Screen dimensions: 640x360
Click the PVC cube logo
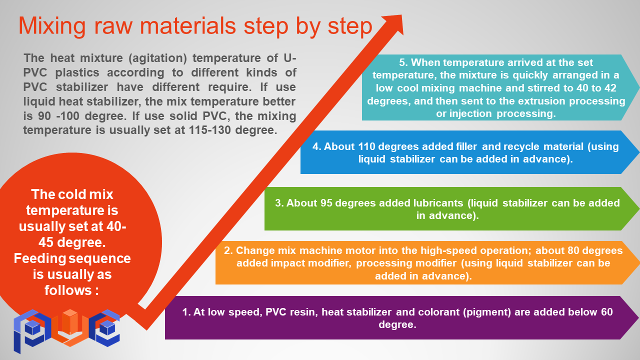[66, 331]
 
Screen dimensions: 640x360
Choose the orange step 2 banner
[427, 263]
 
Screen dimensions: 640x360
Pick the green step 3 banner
[451, 209]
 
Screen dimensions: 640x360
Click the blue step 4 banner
[469, 152]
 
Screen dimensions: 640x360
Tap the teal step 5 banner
[500, 87]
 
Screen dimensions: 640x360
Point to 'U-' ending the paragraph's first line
[289, 58]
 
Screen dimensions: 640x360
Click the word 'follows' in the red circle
[68, 290]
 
